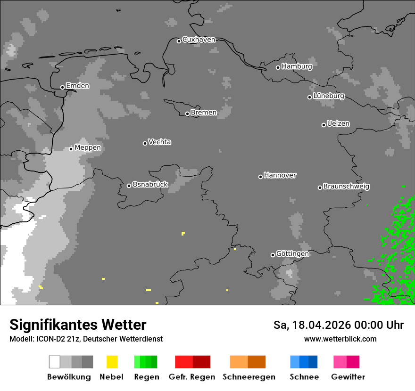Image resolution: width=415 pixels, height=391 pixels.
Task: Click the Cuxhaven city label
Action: click(x=199, y=40)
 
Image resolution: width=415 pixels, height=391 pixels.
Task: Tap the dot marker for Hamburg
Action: click(x=278, y=67)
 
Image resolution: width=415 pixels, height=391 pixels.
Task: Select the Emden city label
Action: click(x=77, y=86)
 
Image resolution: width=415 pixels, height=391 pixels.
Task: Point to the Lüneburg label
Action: click(x=328, y=96)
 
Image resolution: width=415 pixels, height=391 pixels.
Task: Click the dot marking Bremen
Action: click(x=187, y=114)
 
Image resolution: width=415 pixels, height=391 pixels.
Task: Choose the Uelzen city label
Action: click(x=338, y=124)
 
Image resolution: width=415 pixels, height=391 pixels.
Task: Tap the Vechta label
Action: click(x=159, y=142)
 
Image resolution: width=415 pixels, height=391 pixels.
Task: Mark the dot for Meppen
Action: click(x=71, y=149)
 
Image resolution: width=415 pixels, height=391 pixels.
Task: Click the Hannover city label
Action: click(x=280, y=175)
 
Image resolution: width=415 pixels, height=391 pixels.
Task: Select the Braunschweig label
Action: click(x=346, y=187)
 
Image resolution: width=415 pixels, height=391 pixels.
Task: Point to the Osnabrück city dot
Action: click(x=129, y=186)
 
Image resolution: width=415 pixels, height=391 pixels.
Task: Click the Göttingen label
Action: click(x=292, y=254)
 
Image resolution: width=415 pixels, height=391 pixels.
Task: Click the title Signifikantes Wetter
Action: click(x=78, y=325)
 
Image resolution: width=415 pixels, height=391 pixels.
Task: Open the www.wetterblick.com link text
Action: click(x=340, y=339)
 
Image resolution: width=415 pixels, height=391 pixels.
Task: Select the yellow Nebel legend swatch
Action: click(x=112, y=362)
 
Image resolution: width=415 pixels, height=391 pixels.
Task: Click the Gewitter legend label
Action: click(x=348, y=377)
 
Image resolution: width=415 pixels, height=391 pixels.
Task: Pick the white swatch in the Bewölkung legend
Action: click(x=55, y=362)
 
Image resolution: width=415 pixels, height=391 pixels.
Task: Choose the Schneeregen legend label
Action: click(x=249, y=377)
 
